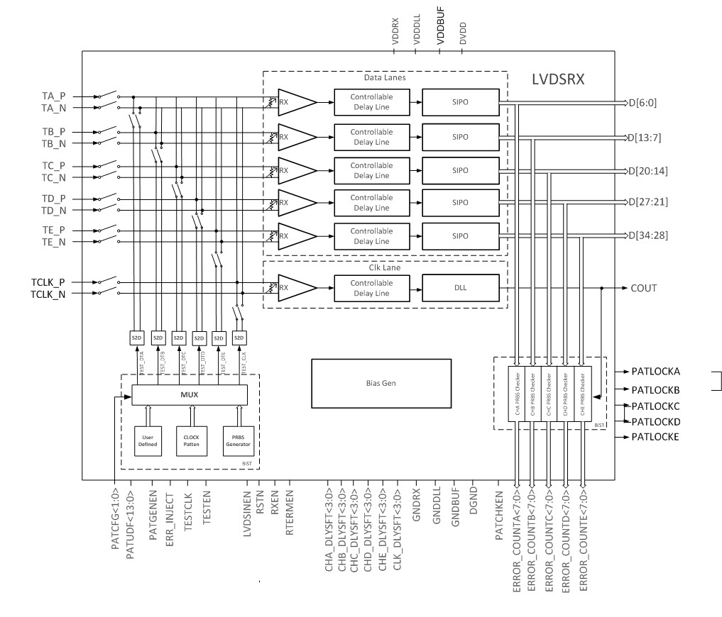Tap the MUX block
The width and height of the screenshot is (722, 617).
(190, 394)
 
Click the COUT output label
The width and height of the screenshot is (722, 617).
(643, 288)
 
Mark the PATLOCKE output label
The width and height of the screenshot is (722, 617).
(656, 437)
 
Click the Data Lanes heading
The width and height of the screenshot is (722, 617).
(385, 77)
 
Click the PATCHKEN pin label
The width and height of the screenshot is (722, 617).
(499, 515)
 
